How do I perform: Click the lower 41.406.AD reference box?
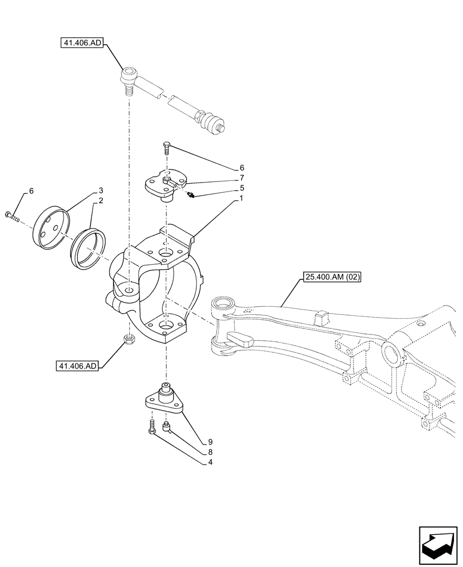point(77,366)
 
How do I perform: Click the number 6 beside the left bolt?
point(31,191)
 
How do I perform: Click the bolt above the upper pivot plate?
point(166,148)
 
